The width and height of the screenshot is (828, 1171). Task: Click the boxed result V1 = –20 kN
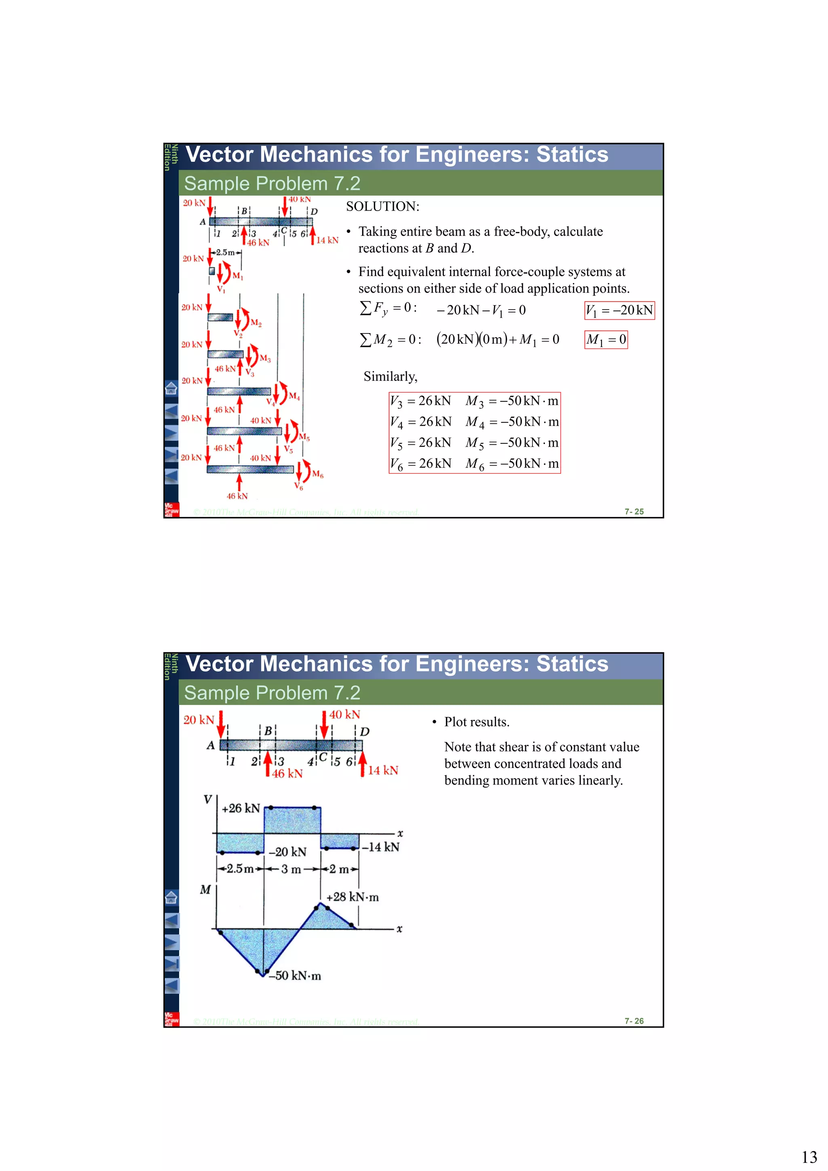[x=619, y=310]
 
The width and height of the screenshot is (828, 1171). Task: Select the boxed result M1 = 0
[x=606, y=340]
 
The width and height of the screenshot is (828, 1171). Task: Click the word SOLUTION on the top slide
[x=382, y=207]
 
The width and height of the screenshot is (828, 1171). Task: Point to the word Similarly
[x=390, y=376]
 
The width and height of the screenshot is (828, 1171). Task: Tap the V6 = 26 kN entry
[x=420, y=464]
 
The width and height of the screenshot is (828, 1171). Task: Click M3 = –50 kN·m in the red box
[x=512, y=401]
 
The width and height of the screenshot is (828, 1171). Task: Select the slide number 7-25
[x=634, y=512]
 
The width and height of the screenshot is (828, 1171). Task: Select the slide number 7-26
[x=634, y=1021]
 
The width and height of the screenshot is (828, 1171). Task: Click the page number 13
[x=809, y=1157]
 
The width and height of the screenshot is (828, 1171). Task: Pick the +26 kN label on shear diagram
[x=241, y=808]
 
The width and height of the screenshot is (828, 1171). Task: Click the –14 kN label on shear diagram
[x=380, y=847]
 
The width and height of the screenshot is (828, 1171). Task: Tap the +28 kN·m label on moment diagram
[x=352, y=897]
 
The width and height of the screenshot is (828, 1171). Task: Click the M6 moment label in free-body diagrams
[x=317, y=474]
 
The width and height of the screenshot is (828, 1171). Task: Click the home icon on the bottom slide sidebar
[x=171, y=897]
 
